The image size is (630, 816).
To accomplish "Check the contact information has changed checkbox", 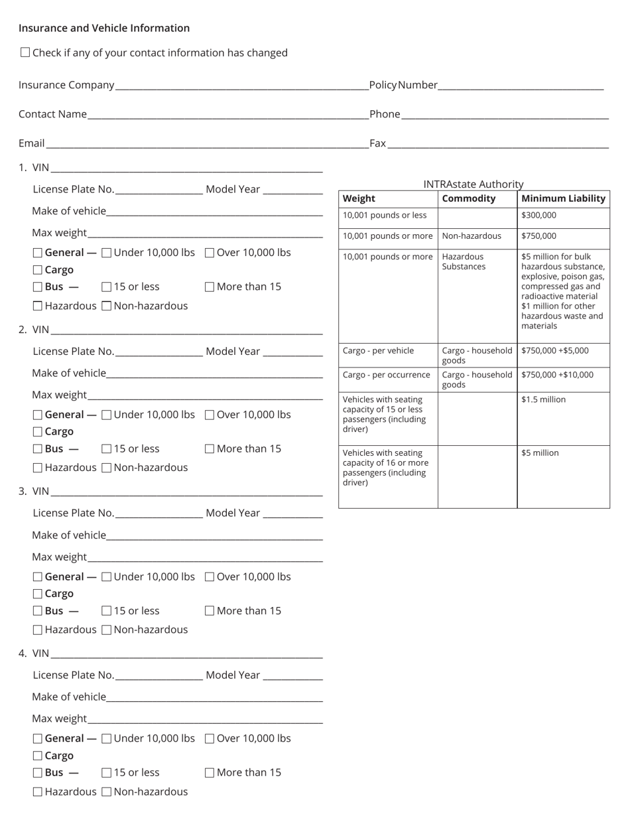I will pyautogui.click(x=25, y=52).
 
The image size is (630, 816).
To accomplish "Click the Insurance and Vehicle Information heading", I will pyautogui.click(x=104, y=28).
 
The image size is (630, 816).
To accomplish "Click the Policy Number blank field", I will pyautogui.click(x=521, y=85).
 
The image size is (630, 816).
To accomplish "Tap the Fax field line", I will pyautogui.click(x=497, y=143).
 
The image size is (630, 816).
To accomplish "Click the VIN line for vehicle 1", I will pyautogui.click(x=186, y=167).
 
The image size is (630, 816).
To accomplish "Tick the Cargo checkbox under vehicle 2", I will pyautogui.click(x=38, y=432).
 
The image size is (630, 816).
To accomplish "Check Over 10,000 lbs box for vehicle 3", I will pyautogui.click(x=210, y=577).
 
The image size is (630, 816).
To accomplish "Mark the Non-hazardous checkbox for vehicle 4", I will pyautogui.click(x=107, y=792).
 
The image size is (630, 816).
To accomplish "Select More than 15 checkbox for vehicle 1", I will pyautogui.click(x=210, y=287).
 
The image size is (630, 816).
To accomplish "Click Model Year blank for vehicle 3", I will pyautogui.click(x=292, y=513).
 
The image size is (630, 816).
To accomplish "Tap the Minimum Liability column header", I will pyautogui.click(x=563, y=198).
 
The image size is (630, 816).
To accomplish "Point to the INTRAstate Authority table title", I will pyautogui.click(x=473, y=184).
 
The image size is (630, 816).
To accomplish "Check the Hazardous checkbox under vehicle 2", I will pyautogui.click(x=38, y=468).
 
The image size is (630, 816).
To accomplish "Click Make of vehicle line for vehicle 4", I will pyautogui.click(x=214, y=697).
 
